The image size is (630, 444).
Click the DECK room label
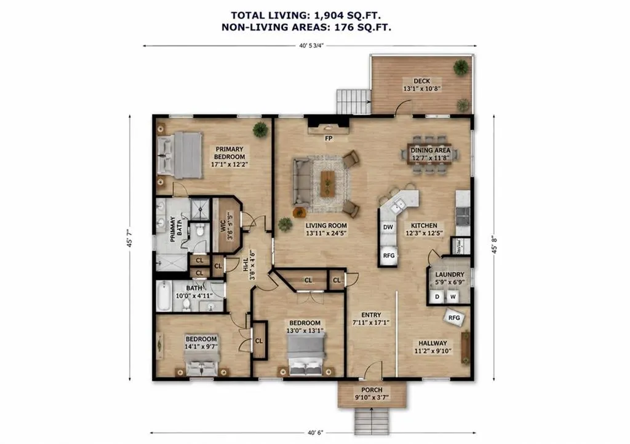[421, 81]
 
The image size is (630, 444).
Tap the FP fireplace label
[329, 138]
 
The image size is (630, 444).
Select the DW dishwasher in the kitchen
[388, 227]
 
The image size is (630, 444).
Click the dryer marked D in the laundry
[437, 297]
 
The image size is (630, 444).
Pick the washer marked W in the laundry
[453, 297]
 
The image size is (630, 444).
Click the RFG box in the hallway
[454, 317]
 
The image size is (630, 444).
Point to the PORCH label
[372, 390]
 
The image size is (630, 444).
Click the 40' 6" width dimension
[316, 433]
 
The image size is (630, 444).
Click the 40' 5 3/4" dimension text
[311, 45]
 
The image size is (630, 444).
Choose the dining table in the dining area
[429, 154]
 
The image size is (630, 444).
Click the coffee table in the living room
[327, 184]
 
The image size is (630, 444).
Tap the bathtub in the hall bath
[164, 296]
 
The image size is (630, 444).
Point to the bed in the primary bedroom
[180, 155]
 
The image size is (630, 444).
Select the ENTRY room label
[371, 315]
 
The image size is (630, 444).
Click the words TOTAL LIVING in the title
[263, 15]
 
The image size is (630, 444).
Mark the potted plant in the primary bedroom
[260, 130]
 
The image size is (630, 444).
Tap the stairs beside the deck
[353, 101]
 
